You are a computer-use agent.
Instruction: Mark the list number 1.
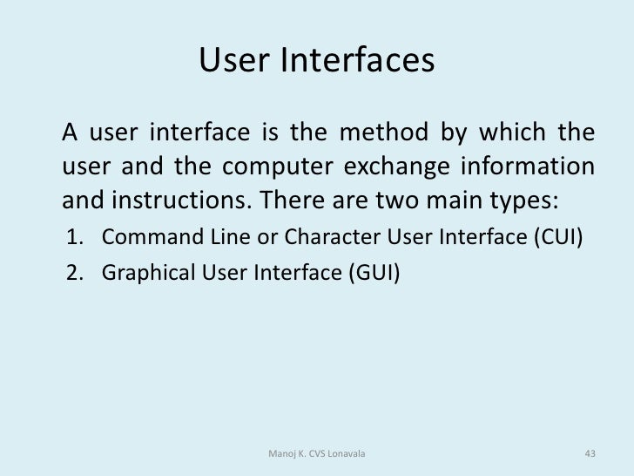point(74,238)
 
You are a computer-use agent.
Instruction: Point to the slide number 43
point(589,453)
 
